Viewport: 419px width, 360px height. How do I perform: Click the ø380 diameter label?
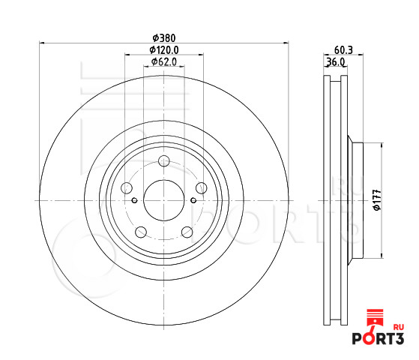tap(164, 38)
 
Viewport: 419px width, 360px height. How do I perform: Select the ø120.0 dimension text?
tap(164, 50)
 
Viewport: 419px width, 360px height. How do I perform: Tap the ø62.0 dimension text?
tap(164, 61)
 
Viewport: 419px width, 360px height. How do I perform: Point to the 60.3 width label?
tap(343, 50)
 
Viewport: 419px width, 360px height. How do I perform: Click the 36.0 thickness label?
tap(336, 62)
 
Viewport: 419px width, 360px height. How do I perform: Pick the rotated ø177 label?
tap(377, 199)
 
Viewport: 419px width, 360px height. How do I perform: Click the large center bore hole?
tap(164, 200)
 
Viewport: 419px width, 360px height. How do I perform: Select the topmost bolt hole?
tap(164, 161)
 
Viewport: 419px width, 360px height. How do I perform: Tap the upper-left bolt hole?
tap(127, 188)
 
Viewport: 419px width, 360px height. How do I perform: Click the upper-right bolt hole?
tap(201, 188)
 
